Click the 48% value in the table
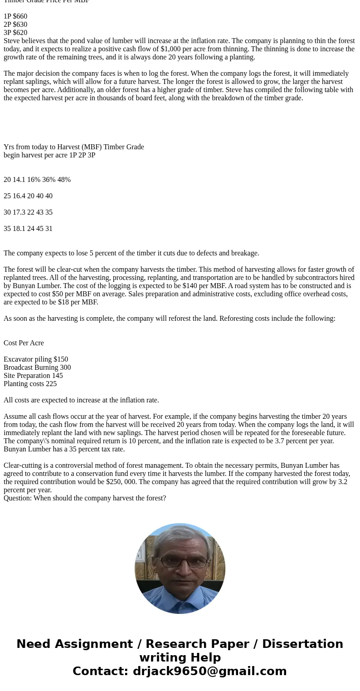(64, 180)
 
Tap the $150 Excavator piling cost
(61, 359)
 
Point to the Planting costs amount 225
(51, 384)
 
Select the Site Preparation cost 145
(58, 376)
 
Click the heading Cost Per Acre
(24, 343)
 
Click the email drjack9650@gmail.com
(209, 671)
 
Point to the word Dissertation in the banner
(302, 644)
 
